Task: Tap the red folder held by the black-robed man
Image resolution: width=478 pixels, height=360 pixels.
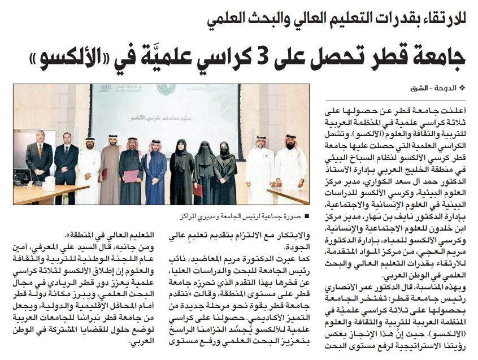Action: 130,177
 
